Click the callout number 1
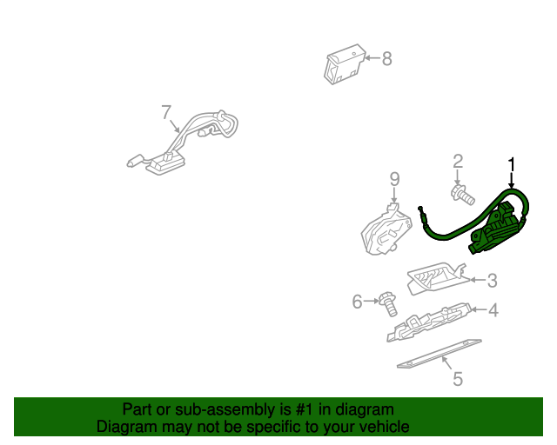tap(512, 164)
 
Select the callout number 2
tap(457, 161)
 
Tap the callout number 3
tap(492, 280)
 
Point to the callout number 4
tap(493, 309)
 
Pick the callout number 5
tap(457, 379)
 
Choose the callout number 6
tap(357, 302)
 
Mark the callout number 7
tap(166, 112)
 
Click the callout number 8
tap(386, 58)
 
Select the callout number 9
tap(394, 179)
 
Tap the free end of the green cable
tap(420, 209)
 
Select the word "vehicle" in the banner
tap(381, 427)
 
